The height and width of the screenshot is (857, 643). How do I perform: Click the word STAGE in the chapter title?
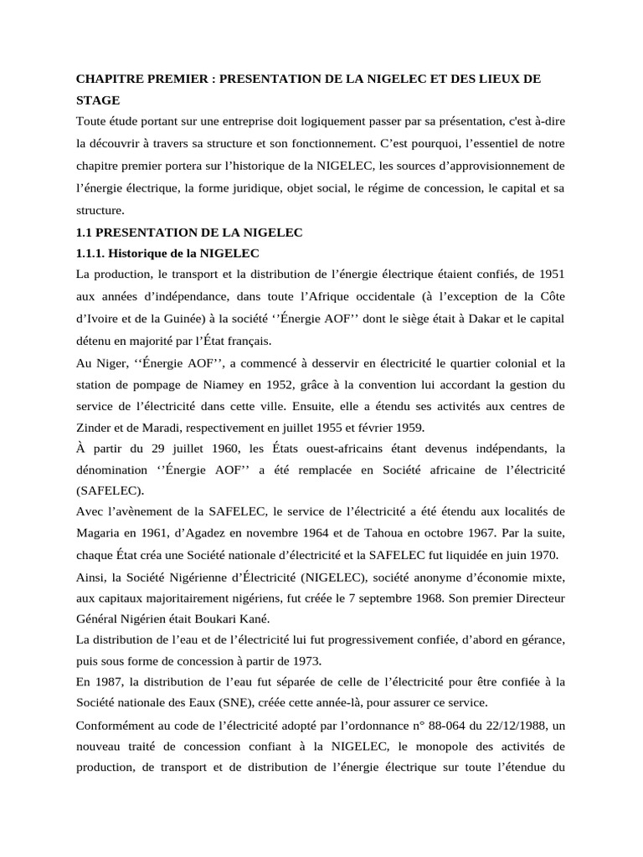click(x=98, y=100)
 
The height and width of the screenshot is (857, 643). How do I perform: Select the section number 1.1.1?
click(x=92, y=253)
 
